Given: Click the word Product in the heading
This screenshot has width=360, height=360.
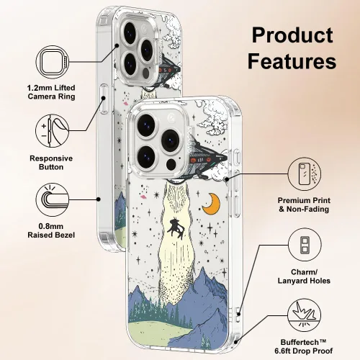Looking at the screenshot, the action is click(x=292, y=35).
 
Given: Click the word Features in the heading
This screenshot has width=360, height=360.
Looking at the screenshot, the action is click(x=292, y=60).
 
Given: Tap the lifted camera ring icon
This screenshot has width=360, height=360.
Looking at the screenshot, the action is click(x=53, y=62).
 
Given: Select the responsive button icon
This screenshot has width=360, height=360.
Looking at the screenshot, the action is click(x=53, y=131).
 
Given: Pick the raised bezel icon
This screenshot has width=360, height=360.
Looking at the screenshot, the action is click(x=53, y=199).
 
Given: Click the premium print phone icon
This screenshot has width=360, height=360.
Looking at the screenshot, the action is click(x=305, y=174).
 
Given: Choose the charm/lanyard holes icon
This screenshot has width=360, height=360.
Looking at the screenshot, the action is click(x=305, y=245).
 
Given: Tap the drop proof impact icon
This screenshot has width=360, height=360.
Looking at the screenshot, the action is click(x=305, y=315).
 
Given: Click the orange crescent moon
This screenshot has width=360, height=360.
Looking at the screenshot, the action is click(x=212, y=204).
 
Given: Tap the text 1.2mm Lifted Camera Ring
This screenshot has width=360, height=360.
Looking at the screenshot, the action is click(x=51, y=92).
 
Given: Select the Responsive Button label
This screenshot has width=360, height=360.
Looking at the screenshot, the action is click(x=51, y=163).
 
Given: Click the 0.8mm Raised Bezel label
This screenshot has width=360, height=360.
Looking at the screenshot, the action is click(x=51, y=230).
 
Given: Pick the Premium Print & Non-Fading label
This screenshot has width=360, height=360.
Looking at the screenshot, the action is click(x=304, y=204).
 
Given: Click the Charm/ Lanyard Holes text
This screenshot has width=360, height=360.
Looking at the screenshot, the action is click(x=304, y=276).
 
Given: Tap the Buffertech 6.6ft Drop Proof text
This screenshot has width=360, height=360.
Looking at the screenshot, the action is click(x=304, y=346).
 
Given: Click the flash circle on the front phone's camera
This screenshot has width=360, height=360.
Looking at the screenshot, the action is click(x=171, y=164).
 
